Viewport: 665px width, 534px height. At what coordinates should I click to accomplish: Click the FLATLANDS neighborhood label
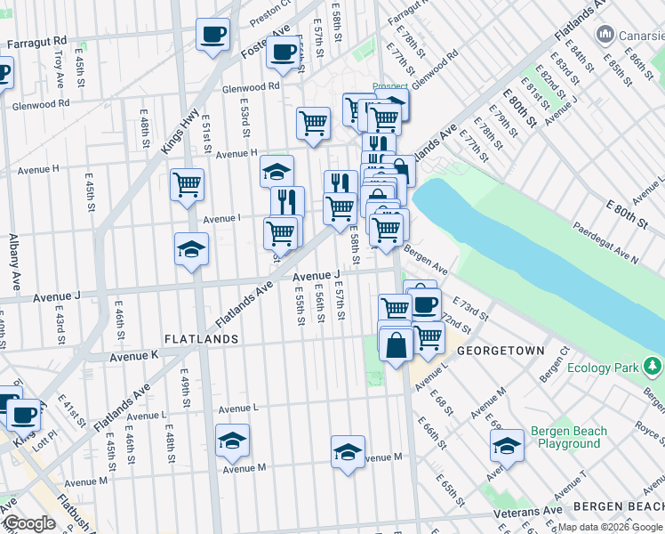(201, 339)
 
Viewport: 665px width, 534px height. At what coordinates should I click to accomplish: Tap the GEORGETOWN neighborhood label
(501, 351)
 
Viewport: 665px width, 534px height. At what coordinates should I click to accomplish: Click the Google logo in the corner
(29, 523)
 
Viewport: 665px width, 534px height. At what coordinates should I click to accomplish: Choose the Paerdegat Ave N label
(605, 243)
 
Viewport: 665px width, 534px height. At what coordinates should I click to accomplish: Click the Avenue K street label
(133, 356)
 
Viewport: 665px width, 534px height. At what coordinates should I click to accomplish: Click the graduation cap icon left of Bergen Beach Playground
(507, 446)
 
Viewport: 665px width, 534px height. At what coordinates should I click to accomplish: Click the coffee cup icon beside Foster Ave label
(283, 54)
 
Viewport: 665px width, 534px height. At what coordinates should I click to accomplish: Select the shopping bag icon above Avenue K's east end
(396, 343)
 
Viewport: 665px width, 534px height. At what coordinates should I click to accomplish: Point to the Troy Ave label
(59, 68)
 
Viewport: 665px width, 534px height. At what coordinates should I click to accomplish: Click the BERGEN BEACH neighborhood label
(617, 506)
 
